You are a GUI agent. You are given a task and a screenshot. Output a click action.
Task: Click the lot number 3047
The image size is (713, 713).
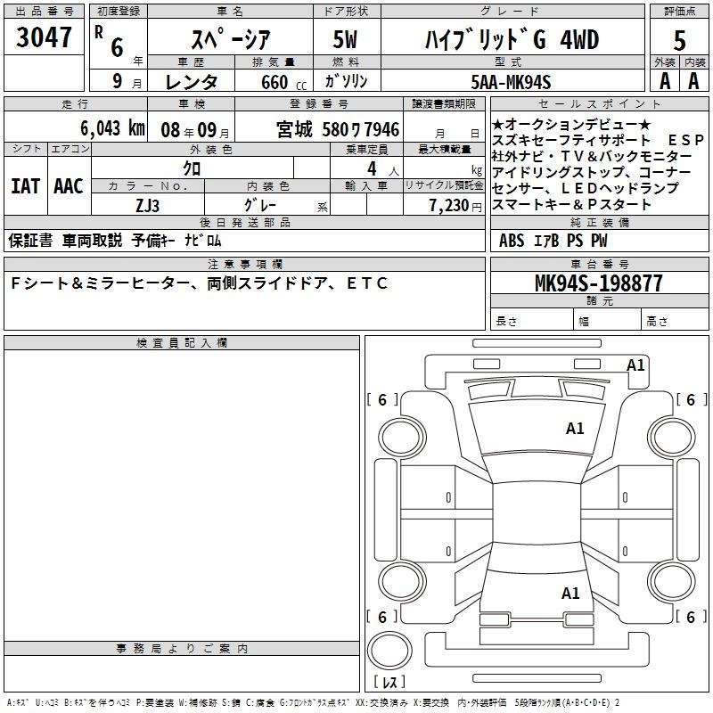pyautogui.click(x=44, y=39)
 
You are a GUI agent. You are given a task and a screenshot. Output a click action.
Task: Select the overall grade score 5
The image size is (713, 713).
pyautogui.click(x=679, y=41)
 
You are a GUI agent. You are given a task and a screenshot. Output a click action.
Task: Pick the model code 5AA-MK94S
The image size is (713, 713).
pyautogui.click(x=512, y=82)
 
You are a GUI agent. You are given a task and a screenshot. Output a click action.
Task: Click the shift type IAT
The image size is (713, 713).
pyautogui.click(x=25, y=186)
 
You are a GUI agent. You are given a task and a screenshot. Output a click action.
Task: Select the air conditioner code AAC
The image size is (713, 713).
pyautogui.click(x=68, y=186)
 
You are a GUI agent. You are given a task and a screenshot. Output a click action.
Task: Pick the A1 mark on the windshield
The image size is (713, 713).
pyautogui.click(x=575, y=429)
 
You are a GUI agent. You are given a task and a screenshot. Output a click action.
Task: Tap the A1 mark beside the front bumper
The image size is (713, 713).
pyautogui.click(x=635, y=365)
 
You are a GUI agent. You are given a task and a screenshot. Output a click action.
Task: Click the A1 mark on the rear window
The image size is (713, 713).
pyautogui.click(x=570, y=593)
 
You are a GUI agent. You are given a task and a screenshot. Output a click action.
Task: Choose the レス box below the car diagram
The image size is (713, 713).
pyautogui.click(x=392, y=683)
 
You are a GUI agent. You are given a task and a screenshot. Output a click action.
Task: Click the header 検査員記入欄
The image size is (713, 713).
pyautogui.click(x=182, y=343)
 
